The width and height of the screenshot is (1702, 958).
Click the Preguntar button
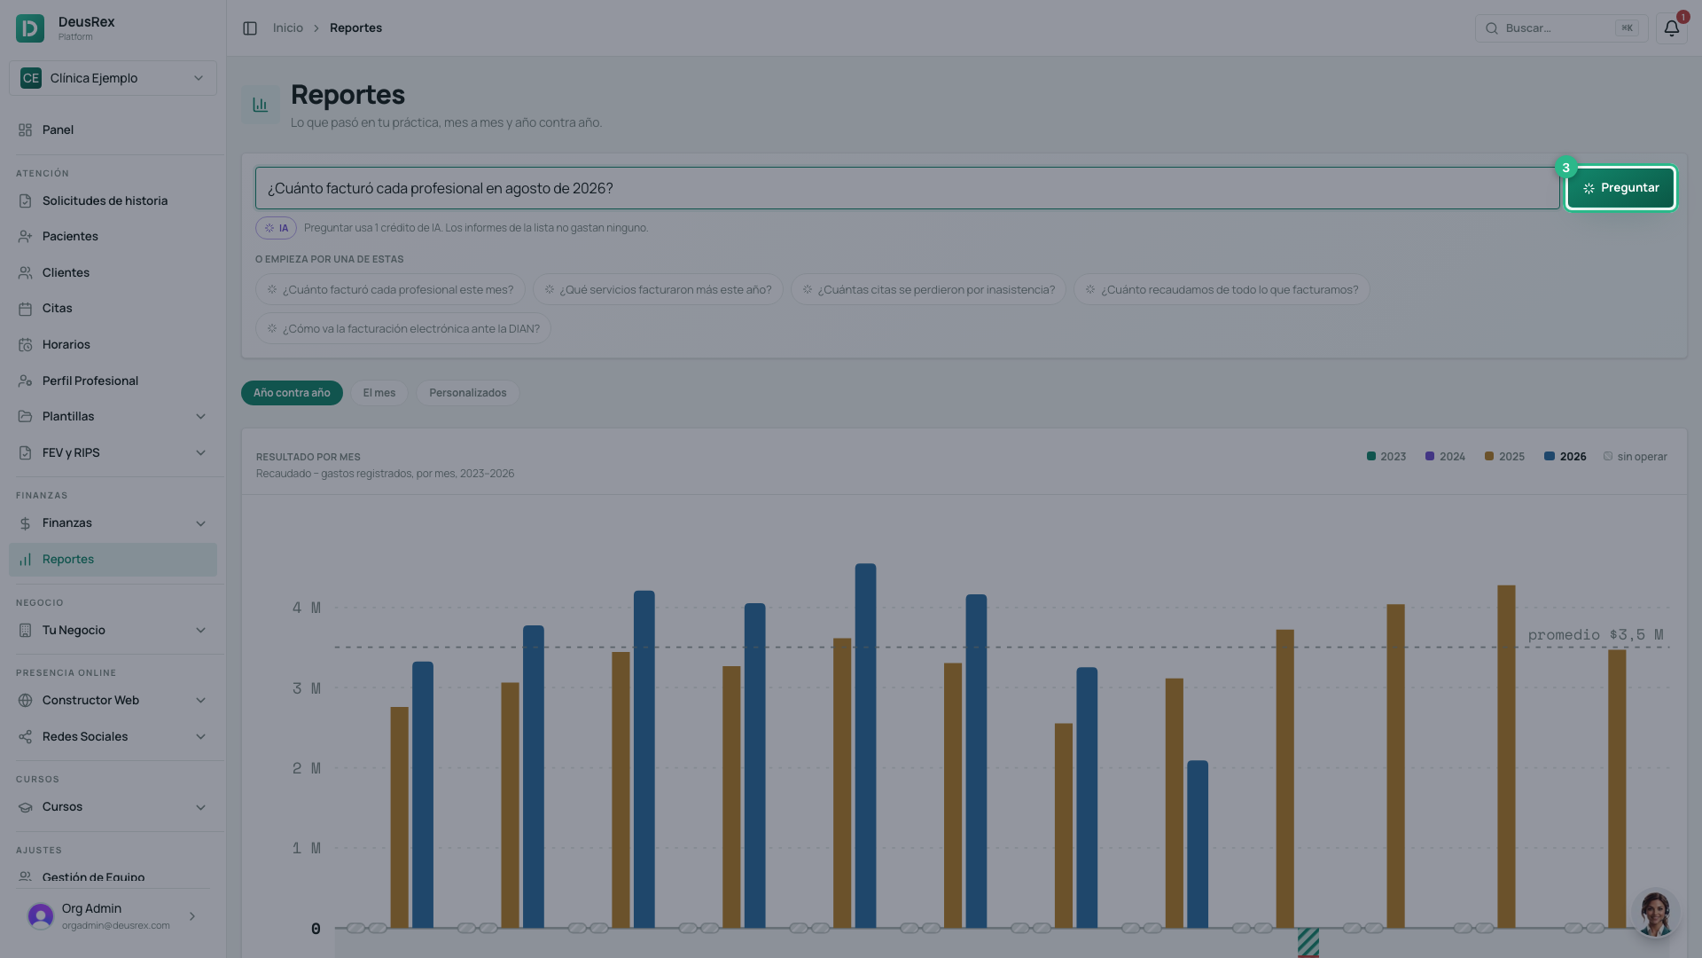[x=1620, y=188]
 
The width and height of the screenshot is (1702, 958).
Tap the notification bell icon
[x=1671, y=28]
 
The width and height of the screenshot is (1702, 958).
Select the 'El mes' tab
[x=379, y=393]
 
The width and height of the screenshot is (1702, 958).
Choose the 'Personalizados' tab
[x=467, y=393]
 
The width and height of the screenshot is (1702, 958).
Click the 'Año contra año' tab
[x=292, y=393]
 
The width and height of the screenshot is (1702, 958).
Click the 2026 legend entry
[x=1565, y=457]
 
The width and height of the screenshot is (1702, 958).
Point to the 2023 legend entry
[x=1386, y=457]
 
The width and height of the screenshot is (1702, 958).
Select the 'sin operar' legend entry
[x=1636, y=457]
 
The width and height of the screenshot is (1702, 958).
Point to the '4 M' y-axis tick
[x=307, y=608]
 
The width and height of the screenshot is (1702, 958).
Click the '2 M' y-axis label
[x=307, y=768]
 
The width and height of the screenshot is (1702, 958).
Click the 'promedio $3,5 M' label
[x=1596, y=635]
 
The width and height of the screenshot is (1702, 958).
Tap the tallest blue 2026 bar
[x=865, y=746]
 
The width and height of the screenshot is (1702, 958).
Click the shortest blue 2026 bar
[x=1198, y=844]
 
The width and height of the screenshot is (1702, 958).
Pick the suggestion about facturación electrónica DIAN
[x=403, y=329]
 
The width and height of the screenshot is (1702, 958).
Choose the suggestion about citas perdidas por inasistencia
[x=928, y=290]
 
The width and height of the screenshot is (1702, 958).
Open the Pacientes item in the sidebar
[x=70, y=237]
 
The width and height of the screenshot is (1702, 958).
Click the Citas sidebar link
[x=58, y=309]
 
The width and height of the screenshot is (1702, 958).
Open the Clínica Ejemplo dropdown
[x=113, y=78]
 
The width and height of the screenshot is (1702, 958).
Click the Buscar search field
[x=1561, y=28]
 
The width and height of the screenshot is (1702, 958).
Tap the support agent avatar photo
[x=1655, y=913]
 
